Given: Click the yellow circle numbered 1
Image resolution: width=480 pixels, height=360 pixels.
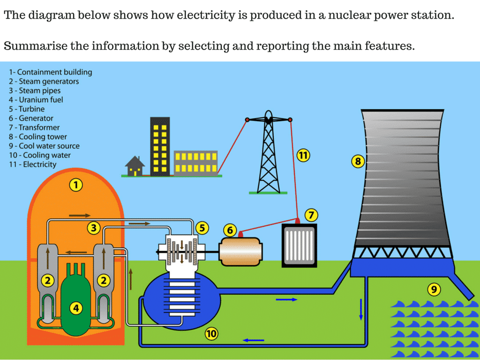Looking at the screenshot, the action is [x=76, y=185].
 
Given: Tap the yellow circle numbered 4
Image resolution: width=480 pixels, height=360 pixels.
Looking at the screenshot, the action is [x=76, y=307].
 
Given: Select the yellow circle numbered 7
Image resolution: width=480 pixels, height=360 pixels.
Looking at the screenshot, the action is [x=311, y=215].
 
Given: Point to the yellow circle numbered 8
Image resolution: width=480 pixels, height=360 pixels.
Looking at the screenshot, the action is [x=358, y=161].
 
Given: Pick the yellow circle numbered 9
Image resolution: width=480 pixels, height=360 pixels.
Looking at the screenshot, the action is [x=434, y=289].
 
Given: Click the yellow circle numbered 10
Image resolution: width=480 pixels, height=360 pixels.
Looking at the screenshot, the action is [x=211, y=333].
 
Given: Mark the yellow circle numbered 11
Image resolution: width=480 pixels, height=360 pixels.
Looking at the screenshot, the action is [x=303, y=156].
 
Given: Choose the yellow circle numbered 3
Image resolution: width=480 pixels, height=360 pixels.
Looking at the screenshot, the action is [x=94, y=228].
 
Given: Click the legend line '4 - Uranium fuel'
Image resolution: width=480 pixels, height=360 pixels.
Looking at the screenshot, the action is [x=36, y=100].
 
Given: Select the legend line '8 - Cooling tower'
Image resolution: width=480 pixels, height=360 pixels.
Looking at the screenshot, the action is [x=38, y=137].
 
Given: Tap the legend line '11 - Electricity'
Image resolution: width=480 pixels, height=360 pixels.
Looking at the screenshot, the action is [x=33, y=165].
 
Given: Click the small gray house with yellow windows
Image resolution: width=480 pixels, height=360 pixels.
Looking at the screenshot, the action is [x=135, y=166].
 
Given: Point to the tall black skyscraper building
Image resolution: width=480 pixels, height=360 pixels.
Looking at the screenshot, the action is [x=160, y=147].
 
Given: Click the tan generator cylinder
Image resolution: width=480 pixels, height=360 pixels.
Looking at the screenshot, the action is [x=240, y=251].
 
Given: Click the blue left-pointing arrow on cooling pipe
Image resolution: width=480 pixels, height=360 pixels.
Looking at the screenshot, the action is [x=254, y=340].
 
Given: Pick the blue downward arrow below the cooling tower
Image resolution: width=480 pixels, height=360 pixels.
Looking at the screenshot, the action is [x=361, y=309].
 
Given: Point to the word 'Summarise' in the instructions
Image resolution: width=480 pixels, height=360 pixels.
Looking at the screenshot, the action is [x=36, y=46].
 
